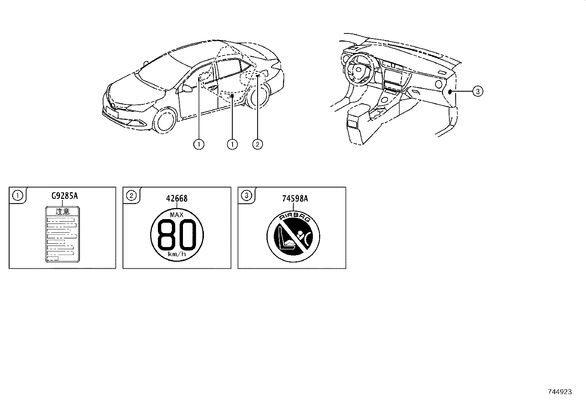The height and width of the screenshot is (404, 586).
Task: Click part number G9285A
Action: pos(64,196)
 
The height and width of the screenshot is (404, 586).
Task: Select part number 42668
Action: pos(177,199)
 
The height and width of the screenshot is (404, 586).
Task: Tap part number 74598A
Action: pos(295,199)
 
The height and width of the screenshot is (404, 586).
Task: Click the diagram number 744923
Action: pos(559,392)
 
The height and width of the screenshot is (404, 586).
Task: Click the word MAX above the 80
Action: pos(177,215)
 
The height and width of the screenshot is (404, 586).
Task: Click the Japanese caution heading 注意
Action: pos(62,212)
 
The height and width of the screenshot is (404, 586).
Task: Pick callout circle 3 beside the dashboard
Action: pos(477,91)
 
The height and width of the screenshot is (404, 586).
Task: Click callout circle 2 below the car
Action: pos(257,144)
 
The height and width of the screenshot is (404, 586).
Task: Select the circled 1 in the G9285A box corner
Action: pos(17,195)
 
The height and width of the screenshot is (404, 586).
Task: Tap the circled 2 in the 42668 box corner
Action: pos(131,195)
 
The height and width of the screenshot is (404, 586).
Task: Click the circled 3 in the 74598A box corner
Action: pos(246,195)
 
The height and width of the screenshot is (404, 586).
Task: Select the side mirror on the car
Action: pos(187,88)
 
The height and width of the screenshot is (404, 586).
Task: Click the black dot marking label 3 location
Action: pos(450,91)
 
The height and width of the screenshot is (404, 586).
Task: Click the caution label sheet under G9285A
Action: pos(62,235)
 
